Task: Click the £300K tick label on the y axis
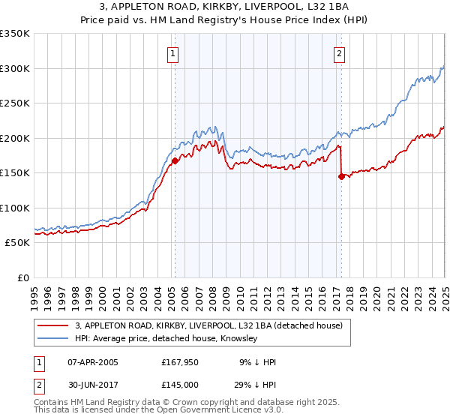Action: pos(15,68)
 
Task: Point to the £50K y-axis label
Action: pos(17,243)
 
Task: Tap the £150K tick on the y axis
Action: pos(15,173)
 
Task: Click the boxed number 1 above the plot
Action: pos(173,53)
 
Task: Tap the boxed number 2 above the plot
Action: pos(340,53)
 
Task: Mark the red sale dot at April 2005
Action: pos(175,160)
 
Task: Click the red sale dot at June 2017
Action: pos(342,177)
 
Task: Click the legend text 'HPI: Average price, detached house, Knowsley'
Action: pos(166,339)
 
